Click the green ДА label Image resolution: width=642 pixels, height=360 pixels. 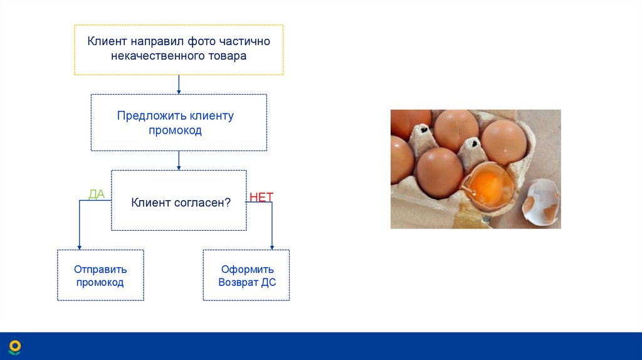(x=97, y=194)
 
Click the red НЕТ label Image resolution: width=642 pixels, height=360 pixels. (x=261, y=197)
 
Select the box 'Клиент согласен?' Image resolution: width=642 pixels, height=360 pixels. (x=179, y=200)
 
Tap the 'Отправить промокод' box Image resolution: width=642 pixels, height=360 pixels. (x=100, y=275)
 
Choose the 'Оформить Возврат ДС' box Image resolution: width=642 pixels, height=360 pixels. (x=246, y=275)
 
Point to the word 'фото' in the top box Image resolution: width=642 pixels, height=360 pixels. (x=201, y=41)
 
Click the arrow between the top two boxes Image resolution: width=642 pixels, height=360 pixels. (x=179, y=85)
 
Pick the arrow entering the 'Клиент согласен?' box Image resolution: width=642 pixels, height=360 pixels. (x=179, y=161)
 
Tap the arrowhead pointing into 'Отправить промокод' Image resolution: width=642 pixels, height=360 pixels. (x=80, y=247)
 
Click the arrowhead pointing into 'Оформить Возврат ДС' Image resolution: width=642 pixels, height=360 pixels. (x=272, y=247)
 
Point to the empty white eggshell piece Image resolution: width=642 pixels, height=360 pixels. (x=541, y=202)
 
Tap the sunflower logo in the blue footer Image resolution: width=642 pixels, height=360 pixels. (x=15, y=347)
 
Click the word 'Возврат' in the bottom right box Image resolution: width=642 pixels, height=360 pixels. (x=238, y=283)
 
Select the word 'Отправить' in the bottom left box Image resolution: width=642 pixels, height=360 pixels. (x=100, y=270)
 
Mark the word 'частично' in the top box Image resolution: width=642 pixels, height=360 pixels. (x=245, y=41)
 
